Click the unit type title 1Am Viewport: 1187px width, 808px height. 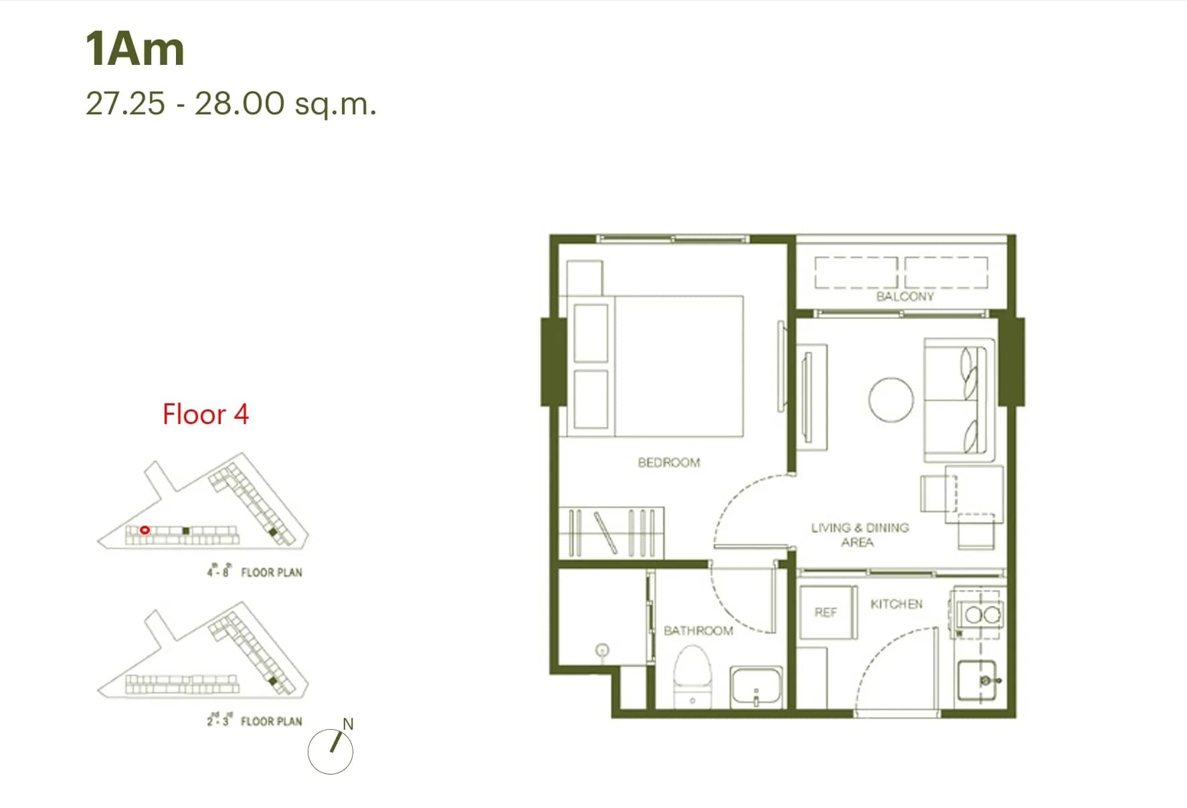[134, 49]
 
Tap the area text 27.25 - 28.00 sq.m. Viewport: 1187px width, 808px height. [231, 104]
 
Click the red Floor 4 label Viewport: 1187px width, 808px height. [205, 415]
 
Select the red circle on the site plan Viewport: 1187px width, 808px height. [145, 530]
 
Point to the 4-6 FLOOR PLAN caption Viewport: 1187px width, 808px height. [254, 571]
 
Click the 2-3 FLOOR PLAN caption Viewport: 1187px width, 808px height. [254, 720]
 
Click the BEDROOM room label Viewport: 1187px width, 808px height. [668, 462]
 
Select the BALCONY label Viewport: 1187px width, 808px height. [905, 296]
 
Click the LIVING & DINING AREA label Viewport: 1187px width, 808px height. [859, 534]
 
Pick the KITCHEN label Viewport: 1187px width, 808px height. [896, 604]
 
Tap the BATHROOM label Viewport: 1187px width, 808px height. [698, 630]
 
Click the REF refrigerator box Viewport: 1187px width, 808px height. [827, 613]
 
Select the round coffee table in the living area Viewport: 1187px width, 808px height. [891, 399]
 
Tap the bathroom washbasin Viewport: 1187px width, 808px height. [756, 686]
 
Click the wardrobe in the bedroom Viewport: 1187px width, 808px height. [612, 533]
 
